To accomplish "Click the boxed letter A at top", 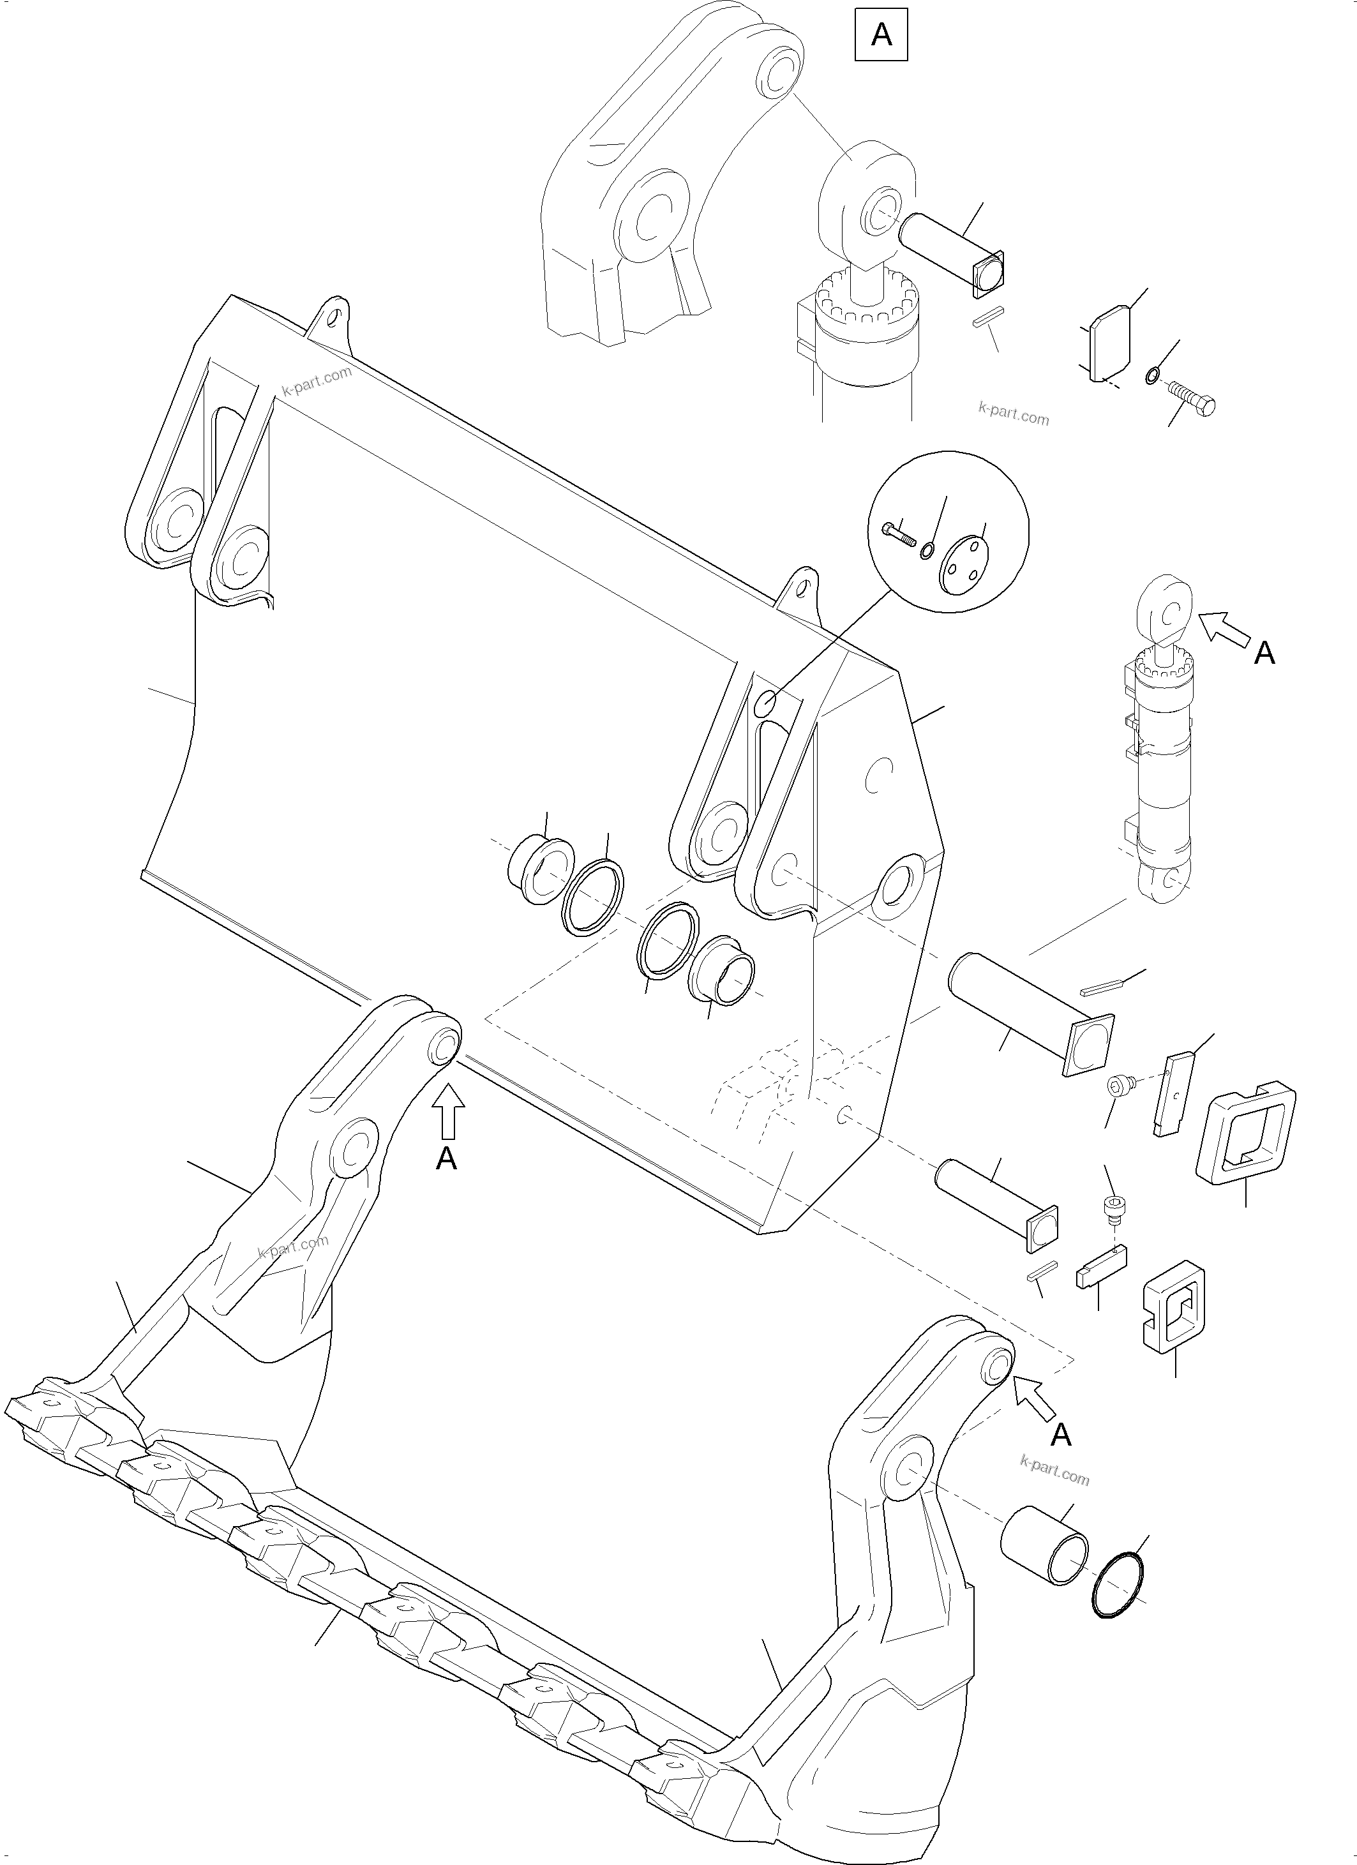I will point(881,35).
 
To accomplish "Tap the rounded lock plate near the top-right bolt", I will point(1104,343).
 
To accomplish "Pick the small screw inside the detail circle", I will point(901,536).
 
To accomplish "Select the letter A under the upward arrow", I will point(446,1158).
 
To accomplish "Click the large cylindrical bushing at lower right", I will point(1044,1546).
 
